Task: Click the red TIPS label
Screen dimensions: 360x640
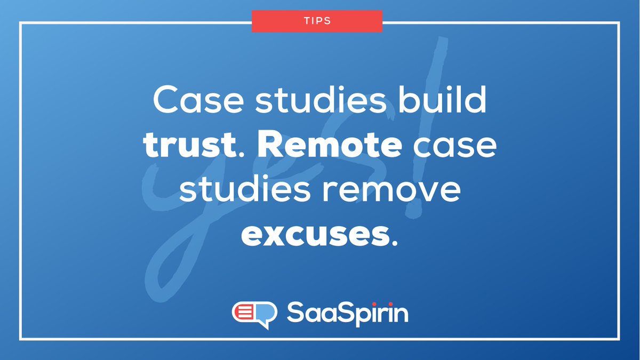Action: click(x=317, y=21)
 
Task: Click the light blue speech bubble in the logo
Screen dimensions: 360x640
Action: click(x=267, y=314)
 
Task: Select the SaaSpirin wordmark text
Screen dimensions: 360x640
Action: click(x=347, y=314)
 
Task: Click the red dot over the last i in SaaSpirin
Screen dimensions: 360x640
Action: click(x=383, y=303)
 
